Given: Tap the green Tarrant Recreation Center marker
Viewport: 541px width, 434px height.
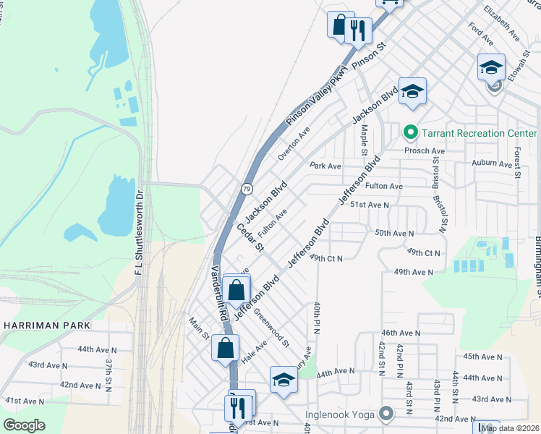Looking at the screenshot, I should [410, 133].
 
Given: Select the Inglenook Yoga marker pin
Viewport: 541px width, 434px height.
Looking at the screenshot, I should [386, 414].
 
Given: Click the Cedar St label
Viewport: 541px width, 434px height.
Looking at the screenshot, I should [250, 238].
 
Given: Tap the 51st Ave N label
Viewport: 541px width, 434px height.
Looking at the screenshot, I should [370, 205].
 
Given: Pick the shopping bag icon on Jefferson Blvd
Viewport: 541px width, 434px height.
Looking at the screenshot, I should [237, 291].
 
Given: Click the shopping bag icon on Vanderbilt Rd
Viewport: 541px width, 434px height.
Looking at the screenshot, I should [225, 347].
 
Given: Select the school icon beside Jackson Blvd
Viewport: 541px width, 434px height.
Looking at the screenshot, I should [412, 91].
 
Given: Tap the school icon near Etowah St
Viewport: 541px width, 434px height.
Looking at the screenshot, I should [491, 67].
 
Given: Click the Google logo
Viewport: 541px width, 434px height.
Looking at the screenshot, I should [24, 425].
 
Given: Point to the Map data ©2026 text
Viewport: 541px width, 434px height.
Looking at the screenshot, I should [511, 428].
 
